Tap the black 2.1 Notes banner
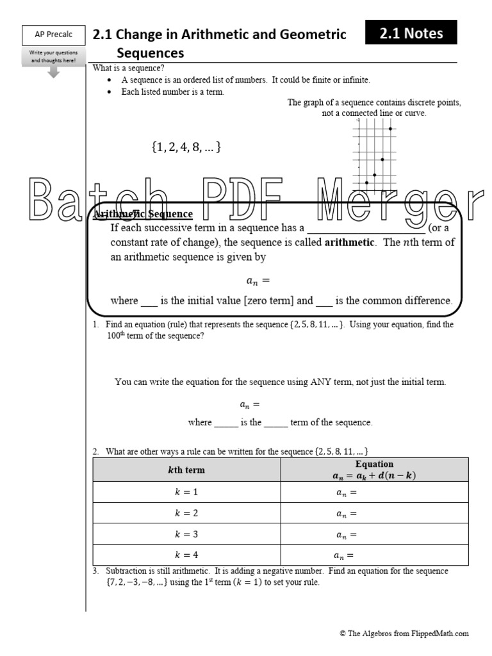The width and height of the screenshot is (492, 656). click(411, 33)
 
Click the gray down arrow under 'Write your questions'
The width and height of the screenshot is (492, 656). click(53, 72)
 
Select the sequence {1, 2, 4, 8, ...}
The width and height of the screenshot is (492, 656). click(186, 147)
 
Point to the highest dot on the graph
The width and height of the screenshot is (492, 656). click(390, 129)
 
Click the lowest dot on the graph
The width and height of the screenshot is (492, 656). click(366, 183)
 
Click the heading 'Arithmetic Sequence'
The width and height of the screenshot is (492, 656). click(143, 214)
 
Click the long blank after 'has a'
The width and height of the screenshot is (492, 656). click(366, 228)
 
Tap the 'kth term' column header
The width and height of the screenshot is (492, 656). click(186, 470)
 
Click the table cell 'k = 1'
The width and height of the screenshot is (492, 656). click(186, 492)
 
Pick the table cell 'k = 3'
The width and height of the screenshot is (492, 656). click(186, 534)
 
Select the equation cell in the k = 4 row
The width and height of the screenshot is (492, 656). click(374, 555)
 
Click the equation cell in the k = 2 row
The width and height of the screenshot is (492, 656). click(374, 513)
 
